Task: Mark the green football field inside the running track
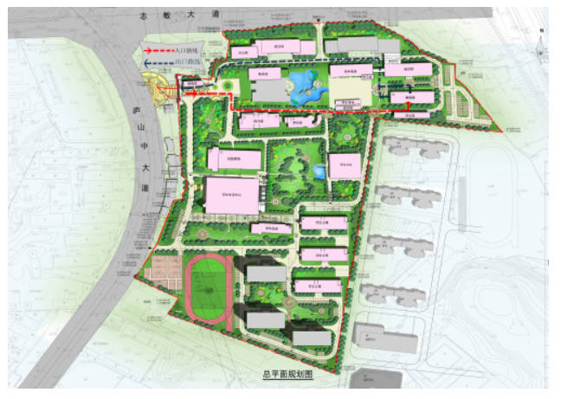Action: click(207, 289)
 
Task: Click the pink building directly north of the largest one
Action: click(234, 159)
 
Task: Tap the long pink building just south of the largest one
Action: click(270, 228)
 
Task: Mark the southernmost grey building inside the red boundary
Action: click(312, 338)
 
